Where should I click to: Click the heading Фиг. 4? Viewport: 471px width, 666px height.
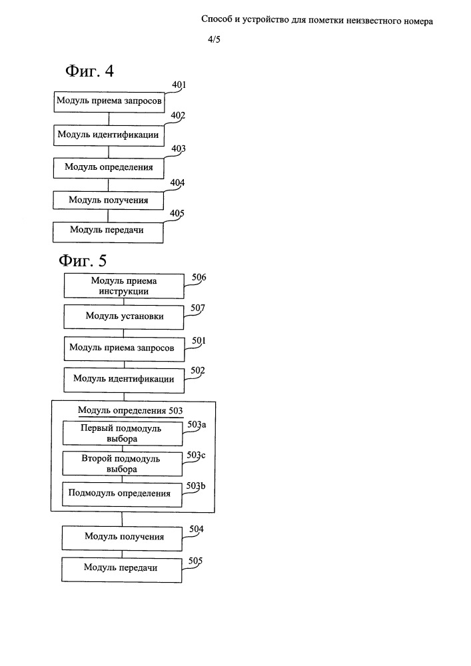pos(90,71)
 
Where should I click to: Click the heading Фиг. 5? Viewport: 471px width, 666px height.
pos(83,260)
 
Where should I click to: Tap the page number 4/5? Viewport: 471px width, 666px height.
pos(214,40)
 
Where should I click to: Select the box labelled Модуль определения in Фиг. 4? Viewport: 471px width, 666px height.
pos(109,168)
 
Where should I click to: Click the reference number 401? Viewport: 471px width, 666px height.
pos(179,85)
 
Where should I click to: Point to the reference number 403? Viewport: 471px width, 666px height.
pos(179,149)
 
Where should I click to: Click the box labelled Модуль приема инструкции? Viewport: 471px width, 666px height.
pos(124,286)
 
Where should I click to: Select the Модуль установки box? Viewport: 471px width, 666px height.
pos(124,317)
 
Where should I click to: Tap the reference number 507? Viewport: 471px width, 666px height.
pos(198,308)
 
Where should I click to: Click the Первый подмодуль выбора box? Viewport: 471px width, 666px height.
pos(123,434)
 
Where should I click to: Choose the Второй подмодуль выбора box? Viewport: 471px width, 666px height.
pos(122,464)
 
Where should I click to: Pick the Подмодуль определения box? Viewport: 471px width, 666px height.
pos(122,494)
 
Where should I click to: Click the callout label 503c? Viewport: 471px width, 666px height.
pos(197,456)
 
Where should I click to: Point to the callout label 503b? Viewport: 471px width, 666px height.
pos(196,486)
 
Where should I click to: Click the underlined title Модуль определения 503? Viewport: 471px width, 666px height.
pos(131,411)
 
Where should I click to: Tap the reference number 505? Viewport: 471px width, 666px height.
pos(195,561)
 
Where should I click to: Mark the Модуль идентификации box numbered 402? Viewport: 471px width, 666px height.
pos(109,135)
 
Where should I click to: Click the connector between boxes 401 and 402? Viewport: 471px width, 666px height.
pos(109,119)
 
